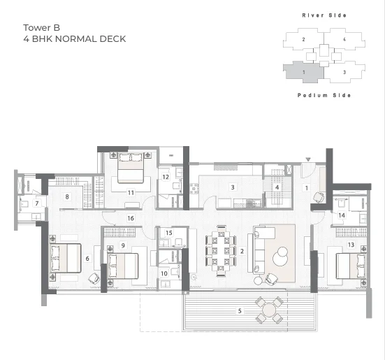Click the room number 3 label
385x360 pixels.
(x=233, y=187)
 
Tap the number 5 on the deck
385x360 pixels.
(x=240, y=311)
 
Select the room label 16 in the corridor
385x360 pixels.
(x=131, y=218)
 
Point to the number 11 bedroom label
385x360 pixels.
(x=131, y=192)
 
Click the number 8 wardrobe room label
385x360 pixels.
(x=67, y=196)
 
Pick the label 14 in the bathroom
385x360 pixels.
(x=342, y=215)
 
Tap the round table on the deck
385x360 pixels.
(x=269, y=310)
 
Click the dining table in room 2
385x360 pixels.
(x=221, y=251)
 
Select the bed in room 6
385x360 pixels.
(x=66, y=258)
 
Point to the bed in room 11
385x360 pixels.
(x=131, y=168)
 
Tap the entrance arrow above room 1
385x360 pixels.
(x=308, y=159)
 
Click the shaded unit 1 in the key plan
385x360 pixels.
(x=304, y=72)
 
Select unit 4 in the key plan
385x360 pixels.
(x=344, y=39)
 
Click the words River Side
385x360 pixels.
(x=324, y=15)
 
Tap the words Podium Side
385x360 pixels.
(x=324, y=95)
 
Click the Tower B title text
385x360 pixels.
(x=41, y=28)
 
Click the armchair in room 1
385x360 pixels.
(x=319, y=198)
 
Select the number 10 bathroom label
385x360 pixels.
(x=164, y=273)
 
